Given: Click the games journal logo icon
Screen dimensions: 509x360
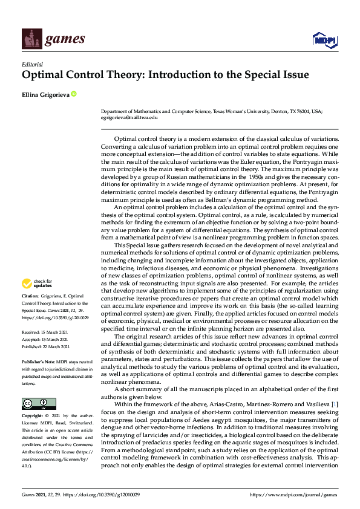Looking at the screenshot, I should point(30,40).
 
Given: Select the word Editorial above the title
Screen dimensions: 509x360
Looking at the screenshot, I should point(32,64).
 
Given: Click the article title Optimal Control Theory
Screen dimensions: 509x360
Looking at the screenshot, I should point(165,76).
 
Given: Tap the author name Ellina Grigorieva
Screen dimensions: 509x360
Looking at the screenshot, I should point(45,94).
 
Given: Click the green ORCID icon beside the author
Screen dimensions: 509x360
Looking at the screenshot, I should point(74,94).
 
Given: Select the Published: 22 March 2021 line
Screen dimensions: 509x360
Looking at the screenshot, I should point(49,347).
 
